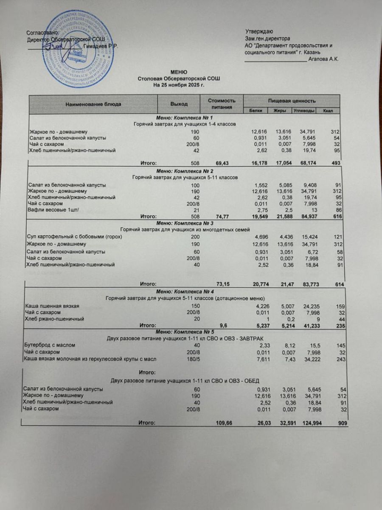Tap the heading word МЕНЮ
click(179, 73)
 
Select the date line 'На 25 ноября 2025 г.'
click(179, 85)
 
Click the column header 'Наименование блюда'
click(93, 104)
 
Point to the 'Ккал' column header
click(328, 110)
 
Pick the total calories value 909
click(342, 423)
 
